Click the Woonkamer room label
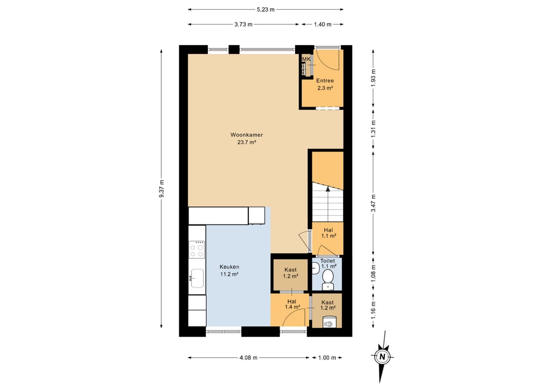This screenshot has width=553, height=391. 246,135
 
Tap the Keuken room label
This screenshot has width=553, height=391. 229,267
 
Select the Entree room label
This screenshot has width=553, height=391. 325,80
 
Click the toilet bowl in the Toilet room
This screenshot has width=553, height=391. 329,277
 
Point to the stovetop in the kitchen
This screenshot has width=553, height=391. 197,249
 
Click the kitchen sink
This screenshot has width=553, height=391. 197,278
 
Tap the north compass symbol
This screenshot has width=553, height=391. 382,357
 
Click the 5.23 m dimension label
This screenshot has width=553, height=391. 265,10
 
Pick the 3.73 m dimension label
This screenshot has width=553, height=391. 243,25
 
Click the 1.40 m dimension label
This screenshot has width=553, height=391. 323,25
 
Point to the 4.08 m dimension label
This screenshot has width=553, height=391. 249,358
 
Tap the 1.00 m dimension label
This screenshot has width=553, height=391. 327,358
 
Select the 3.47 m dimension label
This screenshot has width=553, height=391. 373,203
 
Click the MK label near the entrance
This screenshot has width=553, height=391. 306,59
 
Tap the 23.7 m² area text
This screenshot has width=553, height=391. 246,142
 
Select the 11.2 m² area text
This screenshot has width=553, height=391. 229,274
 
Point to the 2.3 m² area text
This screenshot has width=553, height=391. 325,88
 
